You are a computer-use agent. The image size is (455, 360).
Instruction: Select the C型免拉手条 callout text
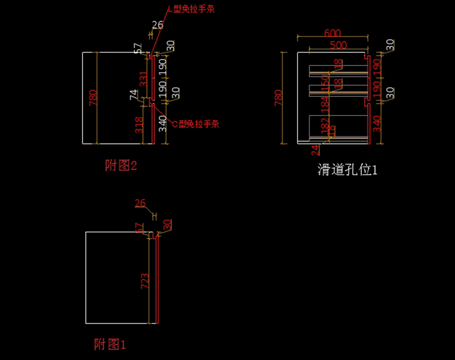[196, 124]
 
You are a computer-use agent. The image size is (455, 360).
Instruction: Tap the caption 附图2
[121, 165]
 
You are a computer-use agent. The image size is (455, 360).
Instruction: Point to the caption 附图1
[110, 344]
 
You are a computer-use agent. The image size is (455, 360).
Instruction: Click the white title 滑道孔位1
[347, 170]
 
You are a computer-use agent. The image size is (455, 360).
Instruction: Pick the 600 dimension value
[333, 33]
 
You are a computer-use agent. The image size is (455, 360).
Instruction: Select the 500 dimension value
[338, 45]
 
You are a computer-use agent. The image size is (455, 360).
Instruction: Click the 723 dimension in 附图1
[145, 281]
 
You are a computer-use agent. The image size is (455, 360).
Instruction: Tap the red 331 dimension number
[143, 79]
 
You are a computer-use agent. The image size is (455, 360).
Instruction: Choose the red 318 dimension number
[140, 124]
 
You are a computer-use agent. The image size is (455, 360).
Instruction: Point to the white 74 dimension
[134, 94]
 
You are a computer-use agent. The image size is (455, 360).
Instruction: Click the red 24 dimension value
[315, 150]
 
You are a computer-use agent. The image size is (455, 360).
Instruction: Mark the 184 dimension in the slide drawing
[325, 105]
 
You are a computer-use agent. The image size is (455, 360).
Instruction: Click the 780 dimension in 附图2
[93, 97]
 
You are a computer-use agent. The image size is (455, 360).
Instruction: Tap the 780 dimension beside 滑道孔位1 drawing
[278, 97]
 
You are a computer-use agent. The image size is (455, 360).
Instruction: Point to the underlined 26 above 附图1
[140, 203]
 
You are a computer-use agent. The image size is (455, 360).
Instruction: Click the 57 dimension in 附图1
[140, 228]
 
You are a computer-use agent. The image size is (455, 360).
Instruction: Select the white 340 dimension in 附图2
[163, 124]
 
